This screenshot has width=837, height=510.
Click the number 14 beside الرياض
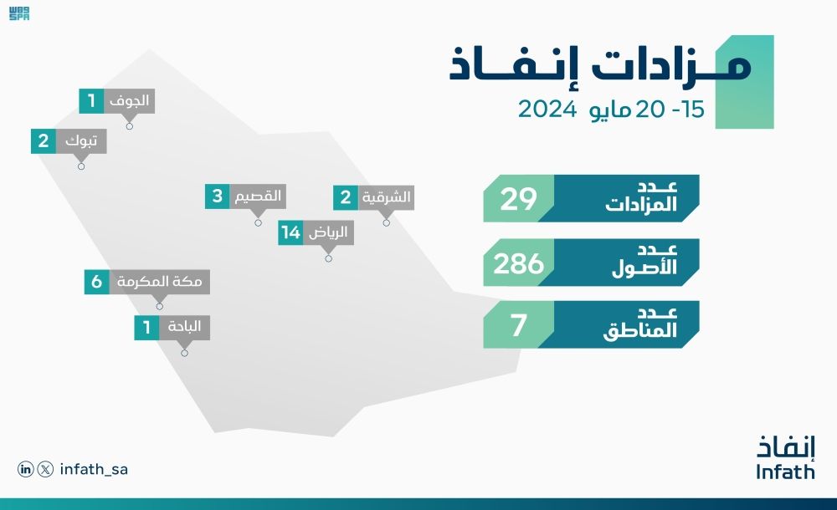[290, 233]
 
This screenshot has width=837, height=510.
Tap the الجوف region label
[130, 101]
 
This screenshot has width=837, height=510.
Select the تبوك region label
[81, 141]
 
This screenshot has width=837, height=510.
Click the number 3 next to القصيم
[217, 196]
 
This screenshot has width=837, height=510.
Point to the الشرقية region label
[385, 198]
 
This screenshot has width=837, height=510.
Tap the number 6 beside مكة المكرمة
[96, 282]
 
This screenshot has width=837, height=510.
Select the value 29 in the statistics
[518, 199]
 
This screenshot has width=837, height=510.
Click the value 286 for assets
[518, 263]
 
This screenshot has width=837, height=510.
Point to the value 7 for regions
[518, 325]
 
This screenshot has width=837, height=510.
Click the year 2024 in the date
[546, 110]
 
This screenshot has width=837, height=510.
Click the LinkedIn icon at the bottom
[26, 470]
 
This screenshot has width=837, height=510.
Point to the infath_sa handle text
[94, 470]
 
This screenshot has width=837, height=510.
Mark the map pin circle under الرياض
[328, 258]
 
